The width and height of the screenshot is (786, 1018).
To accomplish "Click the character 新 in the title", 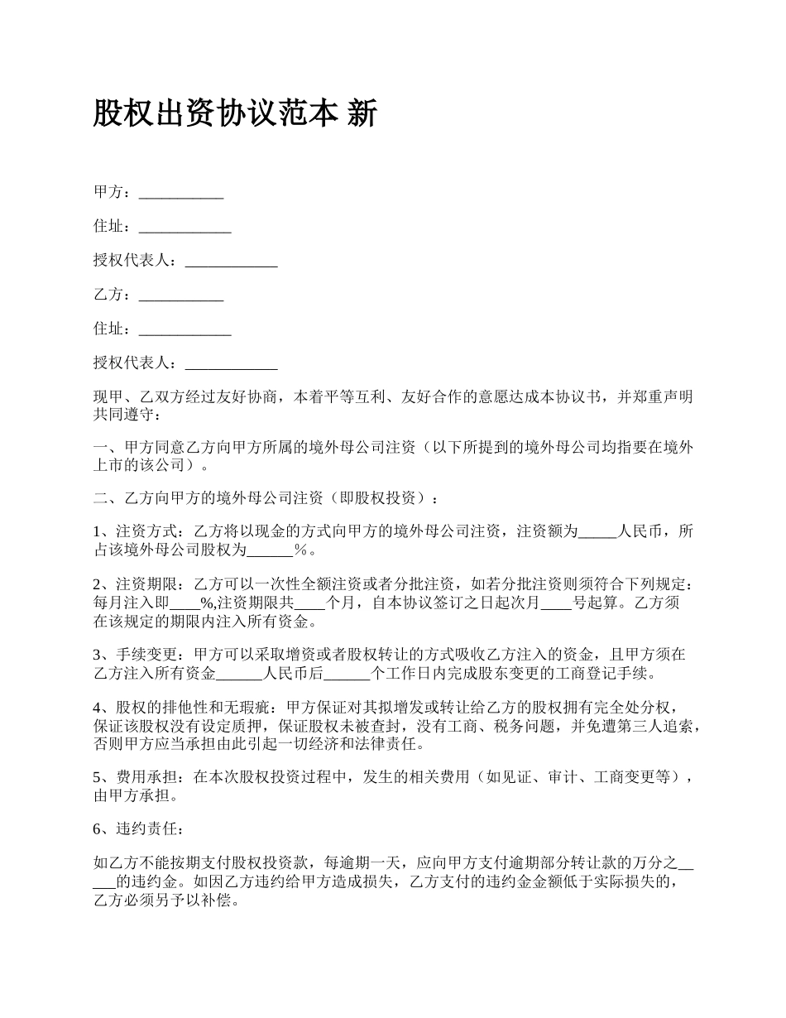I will coord(362,113).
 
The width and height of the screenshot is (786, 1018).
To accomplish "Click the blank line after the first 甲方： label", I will coord(181,194).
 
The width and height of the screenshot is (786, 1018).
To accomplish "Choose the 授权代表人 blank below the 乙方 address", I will coord(231,363).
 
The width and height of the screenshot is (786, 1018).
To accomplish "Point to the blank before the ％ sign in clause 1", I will coord(271,550).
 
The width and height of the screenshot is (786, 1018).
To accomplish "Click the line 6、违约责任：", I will coord(134,829).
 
